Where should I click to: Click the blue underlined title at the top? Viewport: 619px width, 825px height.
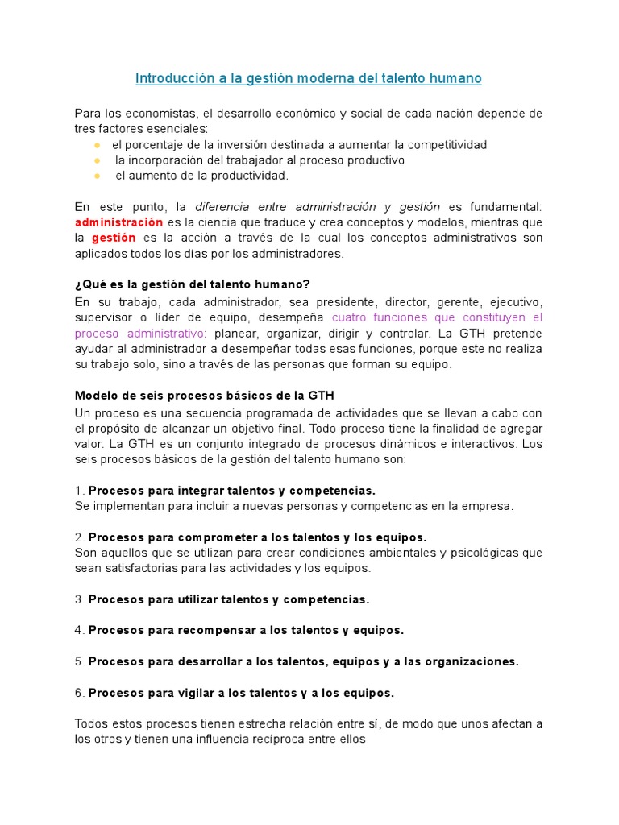point(309,78)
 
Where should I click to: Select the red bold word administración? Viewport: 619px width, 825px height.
point(119,222)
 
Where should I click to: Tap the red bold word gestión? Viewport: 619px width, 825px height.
point(114,238)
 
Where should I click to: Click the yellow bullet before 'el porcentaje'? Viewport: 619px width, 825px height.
point(97,145)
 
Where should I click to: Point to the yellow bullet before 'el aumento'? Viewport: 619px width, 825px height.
point(97,176)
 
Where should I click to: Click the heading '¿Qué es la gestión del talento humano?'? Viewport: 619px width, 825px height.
point(192,284)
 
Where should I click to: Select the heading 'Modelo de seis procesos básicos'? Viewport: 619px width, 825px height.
point(204,395)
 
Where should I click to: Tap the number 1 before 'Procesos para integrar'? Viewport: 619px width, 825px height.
point(78,491)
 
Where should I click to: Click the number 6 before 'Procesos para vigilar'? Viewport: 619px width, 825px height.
point(78,693)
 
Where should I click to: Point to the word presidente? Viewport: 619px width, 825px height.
point(345,301)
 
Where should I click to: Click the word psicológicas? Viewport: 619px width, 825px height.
point(486,553)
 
